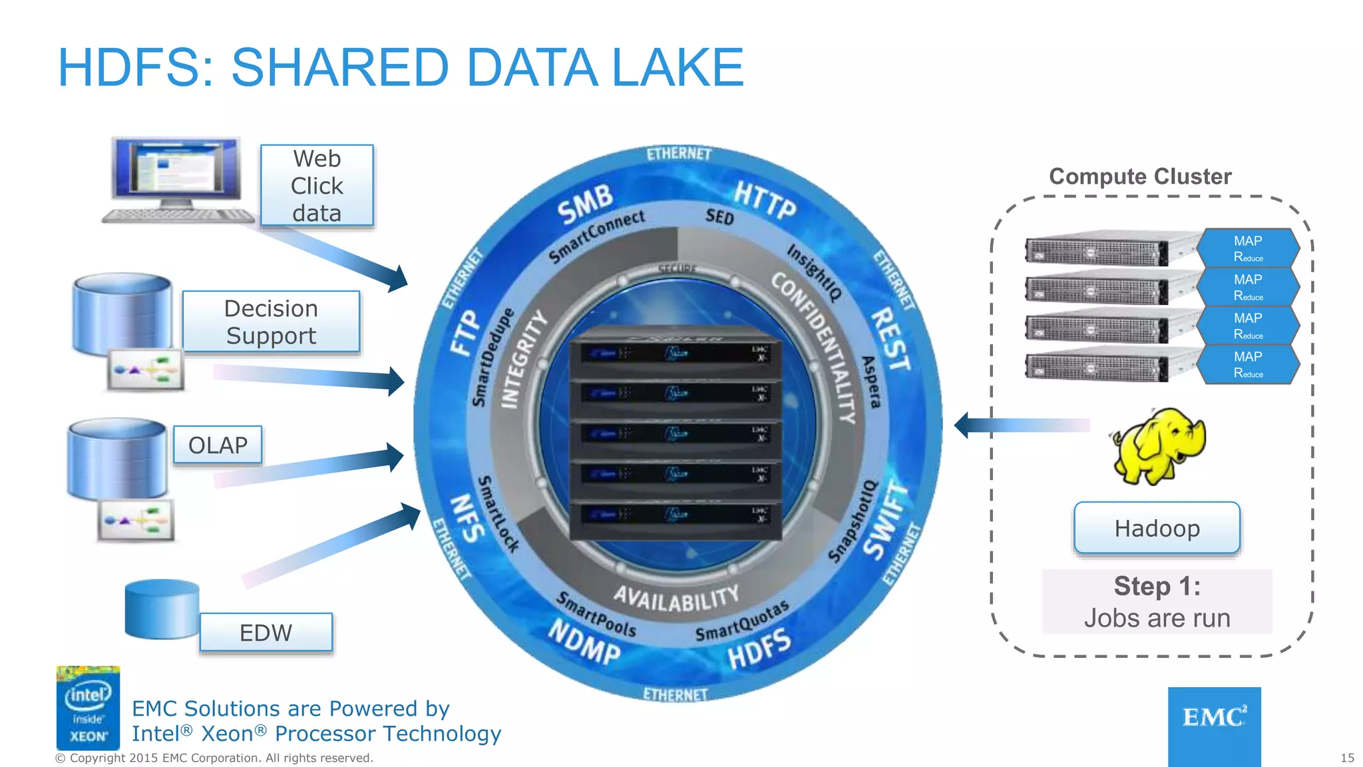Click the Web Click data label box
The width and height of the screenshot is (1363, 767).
(x=317, y=186)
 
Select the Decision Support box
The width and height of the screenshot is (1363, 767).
(x=271, y=322)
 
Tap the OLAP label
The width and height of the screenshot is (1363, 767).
(x=218, y=445)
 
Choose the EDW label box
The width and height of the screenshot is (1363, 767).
(x=266, y=632)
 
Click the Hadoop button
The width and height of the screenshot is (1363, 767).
(x=1157, y=528)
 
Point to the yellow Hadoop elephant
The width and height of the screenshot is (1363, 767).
(x=1159, y=445)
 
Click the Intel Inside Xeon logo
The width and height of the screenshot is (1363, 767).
(x=88, y=708)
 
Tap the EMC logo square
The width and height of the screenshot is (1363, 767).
(x=1214, y=726)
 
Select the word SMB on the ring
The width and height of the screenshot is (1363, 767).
(x=585, y=204)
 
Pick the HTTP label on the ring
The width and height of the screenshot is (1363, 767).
(x=765, y=199)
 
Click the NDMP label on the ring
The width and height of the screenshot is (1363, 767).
(x=584, y=641)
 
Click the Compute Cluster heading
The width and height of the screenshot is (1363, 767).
(x=1140, y=176)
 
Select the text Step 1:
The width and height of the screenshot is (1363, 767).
(x=1157, y=586)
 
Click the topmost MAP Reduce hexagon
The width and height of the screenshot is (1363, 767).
(x=1248, y=248)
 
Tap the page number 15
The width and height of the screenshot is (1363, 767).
(x=1347, y=758)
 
